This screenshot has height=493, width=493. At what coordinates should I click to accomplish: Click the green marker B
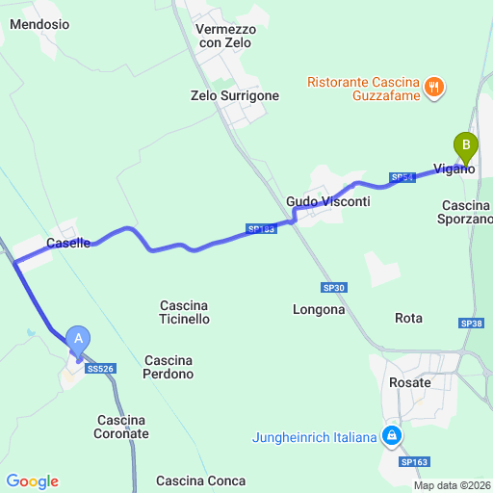click(x=466, y=146)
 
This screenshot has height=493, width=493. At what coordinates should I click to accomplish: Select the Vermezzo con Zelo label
click(x=224, y=37)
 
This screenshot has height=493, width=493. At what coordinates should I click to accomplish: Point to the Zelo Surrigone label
click(x=235, y=95)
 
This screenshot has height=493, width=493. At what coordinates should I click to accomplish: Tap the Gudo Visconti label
click(x=327, y=201)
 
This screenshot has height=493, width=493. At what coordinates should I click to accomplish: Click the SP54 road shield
click(x=402, y=177)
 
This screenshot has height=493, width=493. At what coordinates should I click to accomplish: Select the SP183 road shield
click(x=261, y=229)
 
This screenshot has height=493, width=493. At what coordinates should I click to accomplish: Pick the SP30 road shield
click(x=333, y=287)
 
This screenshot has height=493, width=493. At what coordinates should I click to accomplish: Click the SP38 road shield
click(x=471, y=324)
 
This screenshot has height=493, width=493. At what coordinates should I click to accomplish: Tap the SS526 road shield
click(x=100, y=368)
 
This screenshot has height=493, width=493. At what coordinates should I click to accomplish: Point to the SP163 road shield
click(x=414, y=462)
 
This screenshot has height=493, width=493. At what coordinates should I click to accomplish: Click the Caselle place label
click(x=68, y=244)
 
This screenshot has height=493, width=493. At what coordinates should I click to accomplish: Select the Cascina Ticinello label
click(x=185, y=312)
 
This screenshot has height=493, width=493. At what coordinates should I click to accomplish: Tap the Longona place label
click(x=319, y=309)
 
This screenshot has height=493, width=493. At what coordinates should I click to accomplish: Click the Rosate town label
click(x=410, y=382)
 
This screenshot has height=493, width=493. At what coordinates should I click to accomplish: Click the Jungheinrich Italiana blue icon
click(x=392, y=437)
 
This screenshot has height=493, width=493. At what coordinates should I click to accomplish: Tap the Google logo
click(x=32, y=481)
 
